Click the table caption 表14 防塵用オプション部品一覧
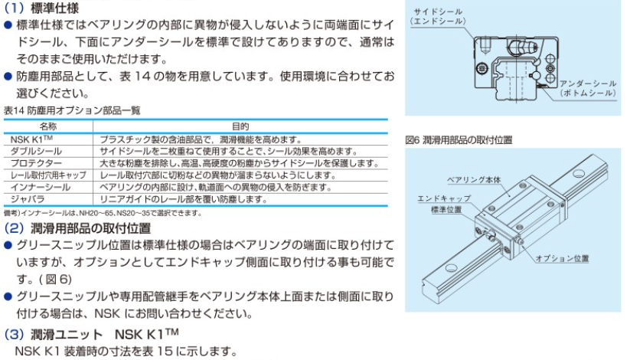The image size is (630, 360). tap(72, 110)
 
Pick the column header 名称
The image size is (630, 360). tap(48, 125)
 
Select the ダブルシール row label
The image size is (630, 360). tap(38, 151)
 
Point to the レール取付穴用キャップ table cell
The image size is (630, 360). tap(48, 175)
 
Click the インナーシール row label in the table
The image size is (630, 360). tap(38, 186)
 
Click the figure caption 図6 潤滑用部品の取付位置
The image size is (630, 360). tap(459, 140)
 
